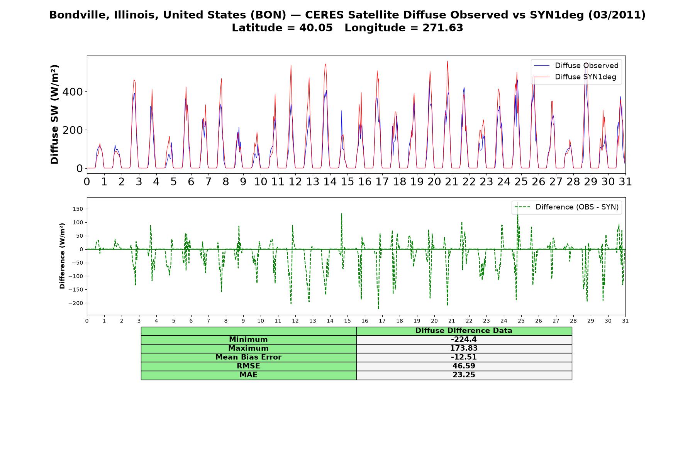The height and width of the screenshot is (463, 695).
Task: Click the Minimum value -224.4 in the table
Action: click(464, 340)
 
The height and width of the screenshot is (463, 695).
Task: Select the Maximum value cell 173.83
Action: click(464, 348)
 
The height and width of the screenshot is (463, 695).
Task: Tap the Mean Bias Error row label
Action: click(248, 357)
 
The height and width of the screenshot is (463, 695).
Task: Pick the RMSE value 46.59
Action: click(464, 366)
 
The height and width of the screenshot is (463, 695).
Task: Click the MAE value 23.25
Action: click(464, 375)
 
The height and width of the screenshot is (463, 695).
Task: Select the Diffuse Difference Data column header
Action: click(464, 331)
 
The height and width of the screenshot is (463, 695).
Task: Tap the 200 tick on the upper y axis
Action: click(73, 130)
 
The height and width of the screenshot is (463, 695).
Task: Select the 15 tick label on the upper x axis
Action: click(347, 182)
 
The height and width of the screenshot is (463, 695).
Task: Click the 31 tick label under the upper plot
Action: click(625, 182)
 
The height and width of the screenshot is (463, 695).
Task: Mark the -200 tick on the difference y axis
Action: click(76, 303)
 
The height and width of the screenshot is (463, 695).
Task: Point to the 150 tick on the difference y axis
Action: click(78, 209)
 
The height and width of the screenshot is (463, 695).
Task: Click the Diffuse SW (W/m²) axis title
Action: click(55, 115)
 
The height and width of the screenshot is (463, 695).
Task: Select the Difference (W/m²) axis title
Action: click(62, 256)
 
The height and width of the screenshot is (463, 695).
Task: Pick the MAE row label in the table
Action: click(248, 375)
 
